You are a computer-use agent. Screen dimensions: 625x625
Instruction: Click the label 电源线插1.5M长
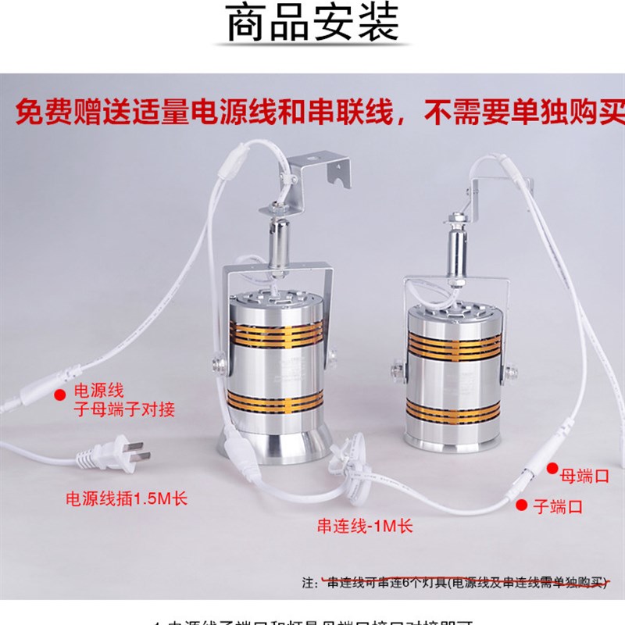pyautogui.click(x=127, y=498)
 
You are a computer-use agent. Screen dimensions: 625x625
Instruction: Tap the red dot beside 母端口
pyautogui.click(x=552, y=470)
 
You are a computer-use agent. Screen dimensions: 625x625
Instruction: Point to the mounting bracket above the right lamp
pyautogui.click(x=500, y=187)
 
